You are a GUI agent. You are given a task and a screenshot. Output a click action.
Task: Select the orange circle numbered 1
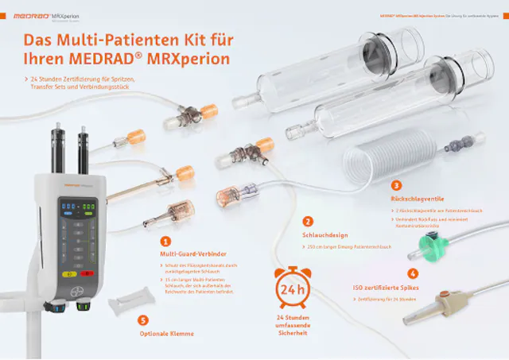165,240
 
